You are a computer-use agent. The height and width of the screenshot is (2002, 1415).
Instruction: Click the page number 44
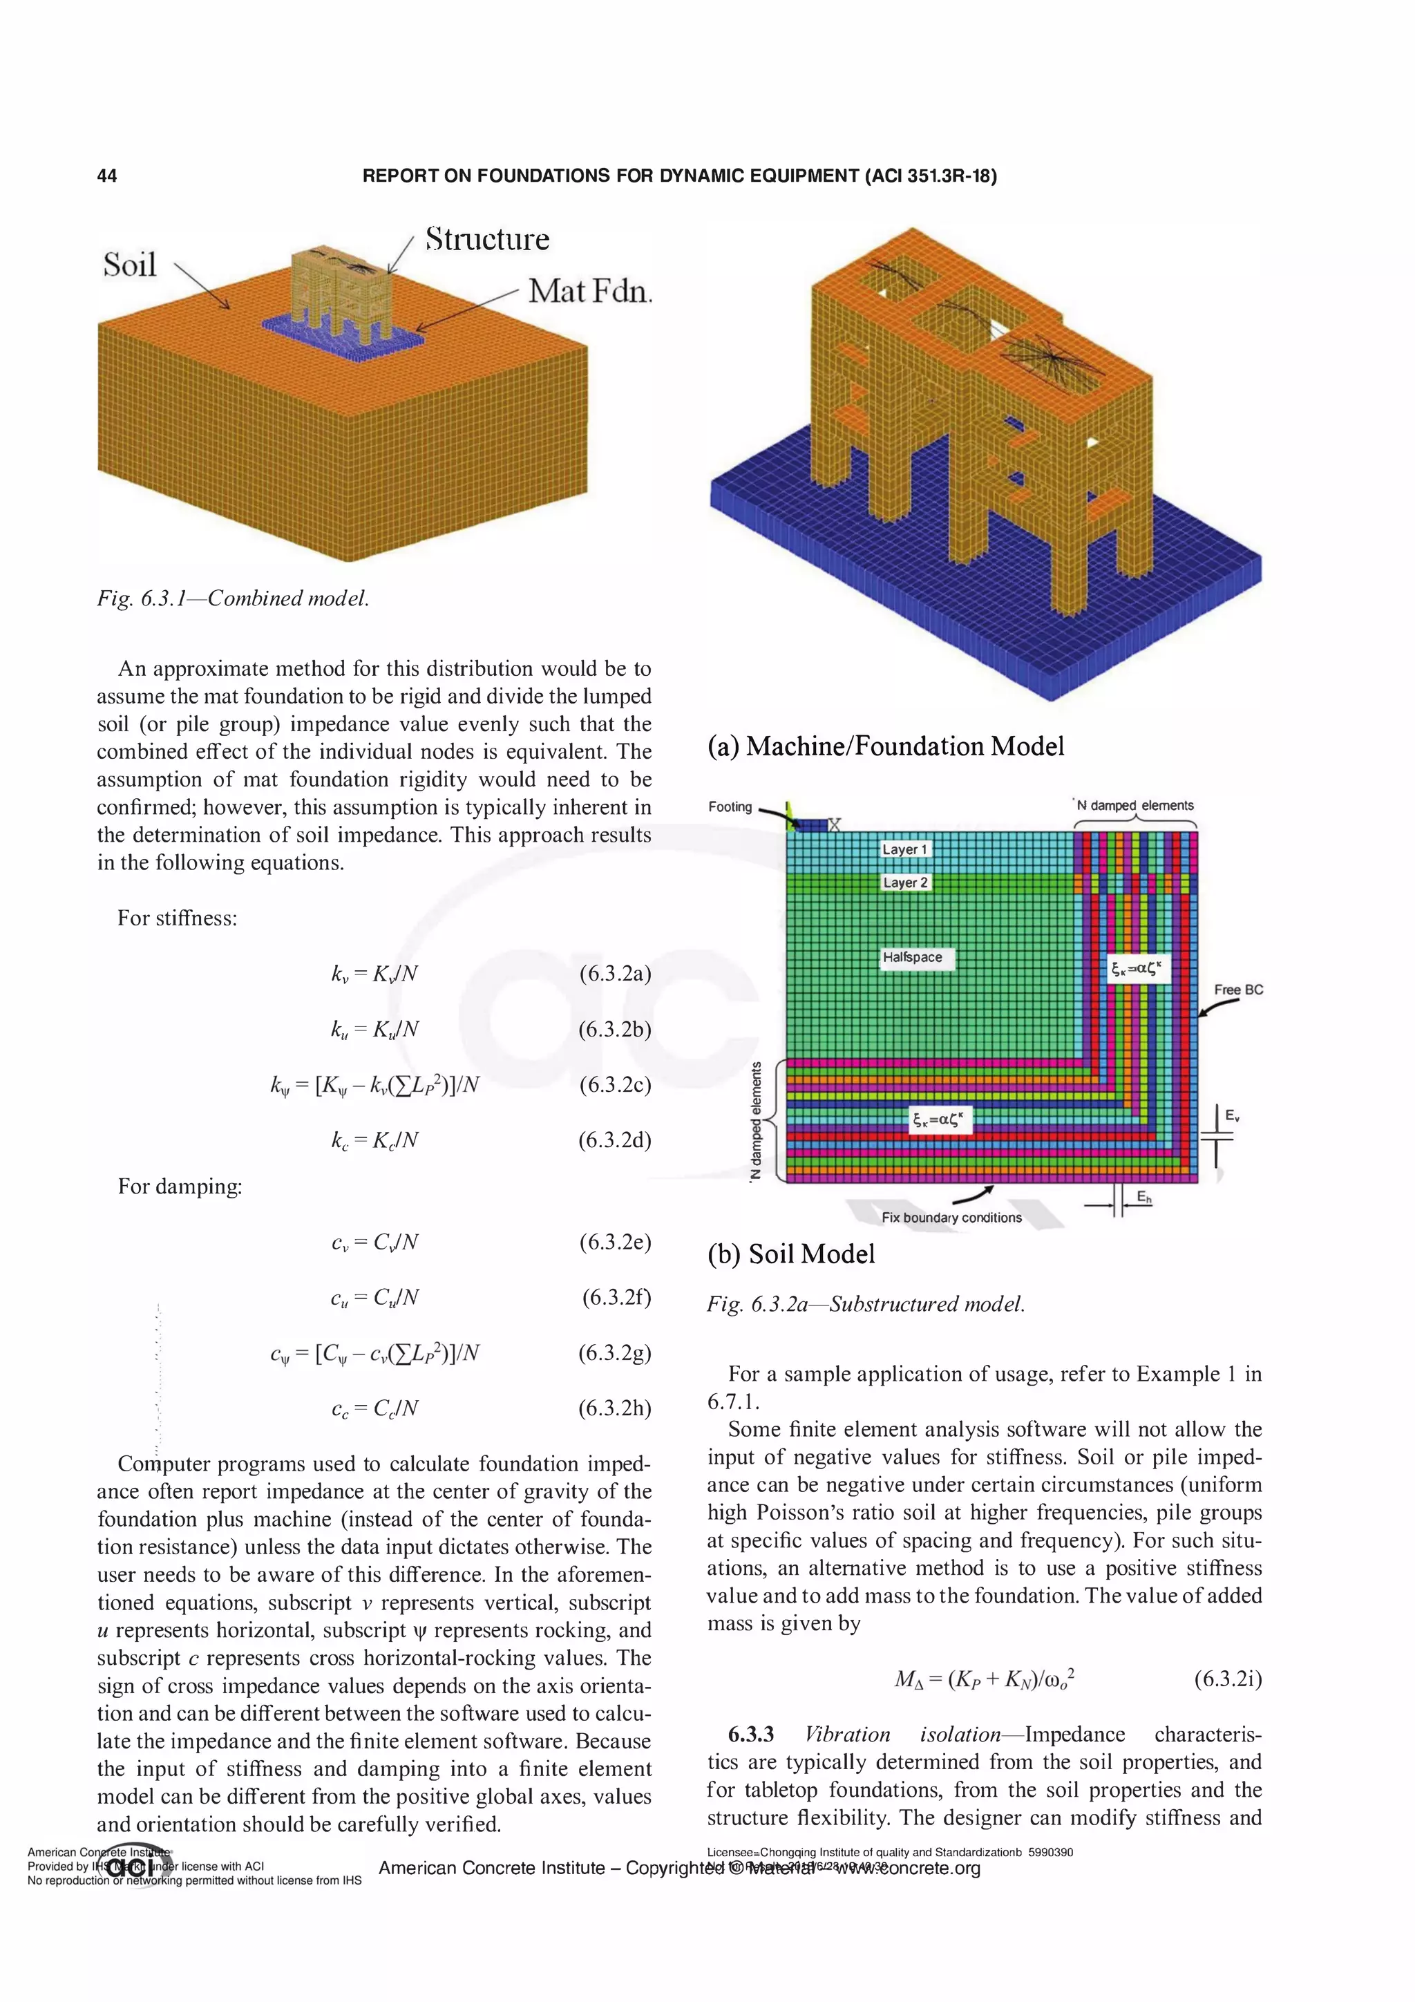tap(106, 176)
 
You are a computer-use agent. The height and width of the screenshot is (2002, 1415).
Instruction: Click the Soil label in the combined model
tap(130, 264)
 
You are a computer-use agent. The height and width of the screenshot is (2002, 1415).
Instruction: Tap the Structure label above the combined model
tap(487, 239)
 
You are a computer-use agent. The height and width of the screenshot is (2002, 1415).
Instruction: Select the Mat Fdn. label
tap(590, 290)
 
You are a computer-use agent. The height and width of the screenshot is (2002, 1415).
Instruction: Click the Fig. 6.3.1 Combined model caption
tap(233, 598)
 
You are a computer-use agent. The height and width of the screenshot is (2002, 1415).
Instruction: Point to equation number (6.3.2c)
tap(615, 1085)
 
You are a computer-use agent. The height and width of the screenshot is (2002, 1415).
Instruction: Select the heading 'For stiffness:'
tap(177, 918)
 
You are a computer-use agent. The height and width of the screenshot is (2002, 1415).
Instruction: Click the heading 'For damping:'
tap(180, 1187)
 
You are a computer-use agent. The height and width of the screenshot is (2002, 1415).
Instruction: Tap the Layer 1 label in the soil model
tap(905, 849)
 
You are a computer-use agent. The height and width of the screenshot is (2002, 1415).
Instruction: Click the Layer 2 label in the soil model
tap(906, 882)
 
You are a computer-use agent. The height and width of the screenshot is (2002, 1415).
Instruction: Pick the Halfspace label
tap(912, 956)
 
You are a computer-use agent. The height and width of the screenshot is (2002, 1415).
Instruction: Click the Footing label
tap(730, 806)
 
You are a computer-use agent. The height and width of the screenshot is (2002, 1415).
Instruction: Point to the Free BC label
tap(1238, 990)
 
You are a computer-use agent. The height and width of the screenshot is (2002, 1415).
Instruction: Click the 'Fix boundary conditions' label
tap(951, 1217)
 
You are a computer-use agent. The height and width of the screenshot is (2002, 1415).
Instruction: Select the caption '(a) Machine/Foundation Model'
tap(886, 746)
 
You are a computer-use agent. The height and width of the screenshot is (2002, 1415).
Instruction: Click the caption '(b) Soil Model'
tap(791, 1254)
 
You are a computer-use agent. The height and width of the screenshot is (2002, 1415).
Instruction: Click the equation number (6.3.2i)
tap(1228, 1679)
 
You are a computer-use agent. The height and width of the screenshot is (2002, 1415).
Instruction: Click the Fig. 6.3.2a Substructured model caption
tap(866, 1305)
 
